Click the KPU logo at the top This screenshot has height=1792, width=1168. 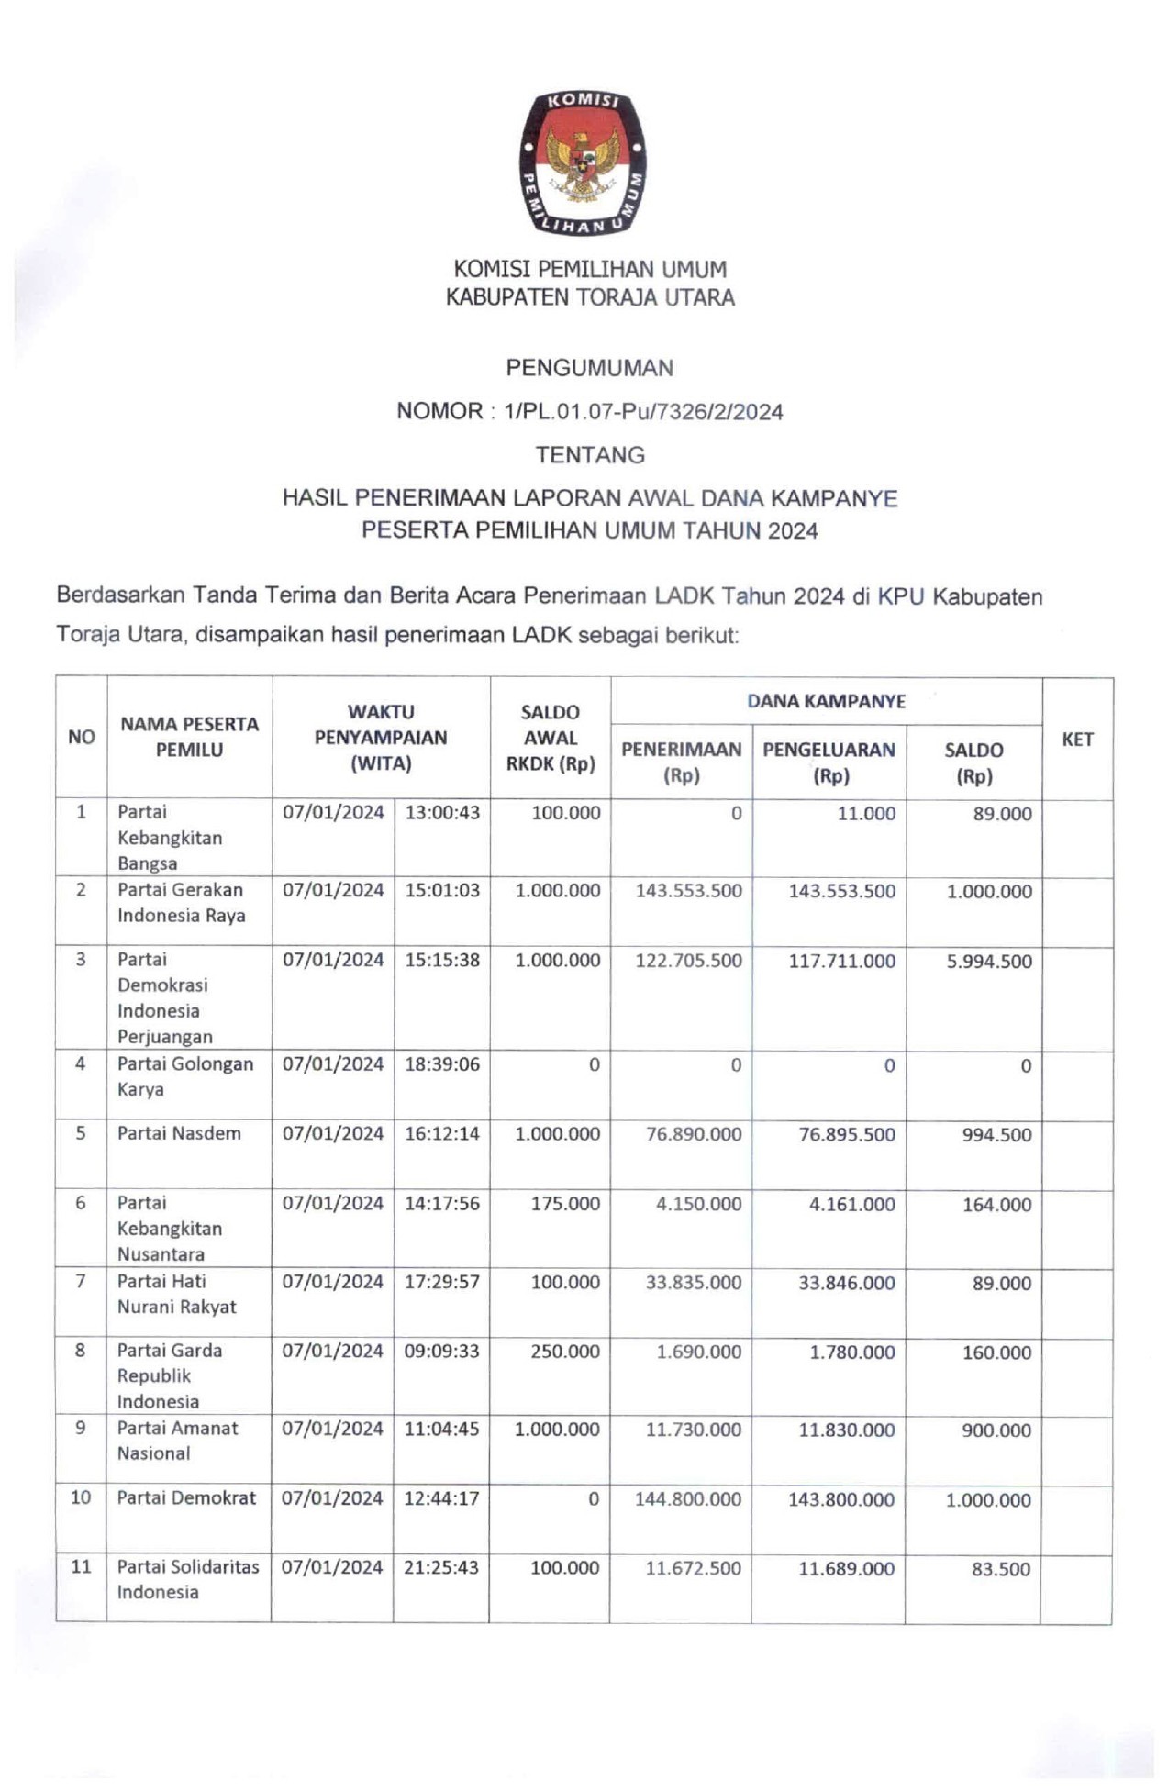(x=583, y=162)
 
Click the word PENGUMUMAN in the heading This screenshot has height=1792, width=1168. (x=589, y=368)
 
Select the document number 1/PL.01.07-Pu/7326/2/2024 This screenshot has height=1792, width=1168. (x=643, y=412)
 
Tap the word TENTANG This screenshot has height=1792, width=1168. (x=589, y=455)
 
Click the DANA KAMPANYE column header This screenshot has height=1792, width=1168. (x=825, y=701)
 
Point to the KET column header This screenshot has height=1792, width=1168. (x=1076, y=739)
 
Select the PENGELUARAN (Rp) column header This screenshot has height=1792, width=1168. (x=828, y=762)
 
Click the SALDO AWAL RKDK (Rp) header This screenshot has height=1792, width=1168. (x=550, y=737)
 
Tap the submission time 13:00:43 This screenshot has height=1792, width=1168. (x=441, y=812)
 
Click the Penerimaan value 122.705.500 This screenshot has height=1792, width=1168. (x=688, y=961)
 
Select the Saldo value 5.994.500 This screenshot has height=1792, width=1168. (x=988, y=962)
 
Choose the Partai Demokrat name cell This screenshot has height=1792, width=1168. (x=186, y=1497)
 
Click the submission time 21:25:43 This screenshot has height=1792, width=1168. (x=440, y=1567)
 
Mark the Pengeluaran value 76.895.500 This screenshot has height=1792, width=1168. (x=846, y=1134)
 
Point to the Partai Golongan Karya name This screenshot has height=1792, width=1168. (x=184, y=1076)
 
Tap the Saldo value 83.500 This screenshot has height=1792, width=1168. (x=1000, y=1569)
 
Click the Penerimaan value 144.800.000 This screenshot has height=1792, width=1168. (x=687, y=1499)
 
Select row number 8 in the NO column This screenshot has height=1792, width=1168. (x=81, y=1351)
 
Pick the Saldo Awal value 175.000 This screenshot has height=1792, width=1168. (x=564, y=1204)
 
